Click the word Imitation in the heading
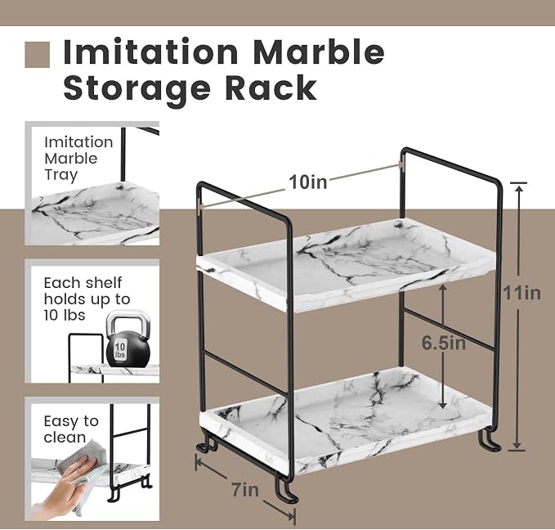pyautogui.click(x=151, y=52)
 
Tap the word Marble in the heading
pyautogui.click(x=319, y=52)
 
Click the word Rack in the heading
pyautogui.click(x=271, y=88)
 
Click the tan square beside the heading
pyautogui.click(x=37, y=55)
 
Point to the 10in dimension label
pyautogui.click(x=308, y=182)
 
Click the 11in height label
pyautogui.click(x=522, y=294)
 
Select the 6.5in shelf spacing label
pyautogui.click(x=444, y=343)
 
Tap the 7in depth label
pyautogui.click(x=246, y=490)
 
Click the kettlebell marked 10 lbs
pyautogui.click(x=128, y=339)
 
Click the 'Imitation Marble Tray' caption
pyautogui.click(x=78, y=159)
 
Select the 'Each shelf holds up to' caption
pyautogui.click(x=87, y=291)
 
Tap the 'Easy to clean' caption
pyautogui.click(x=71, y=429)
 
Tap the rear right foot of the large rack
pyautogui.click(x=489, y=439)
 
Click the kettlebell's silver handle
pyautogui.click(x=128, y=322)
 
